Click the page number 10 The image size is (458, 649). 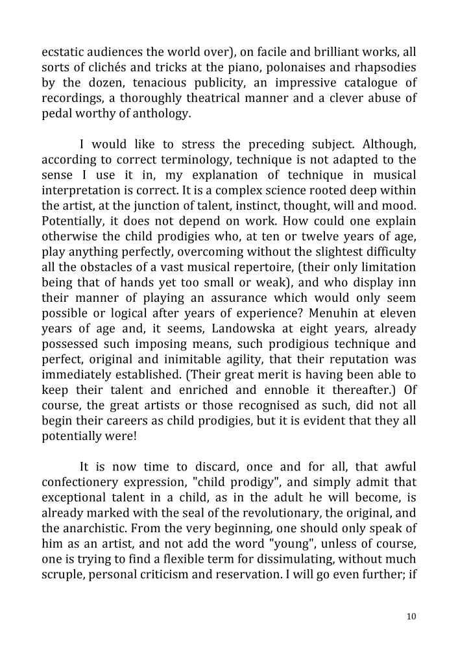point(412,617)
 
